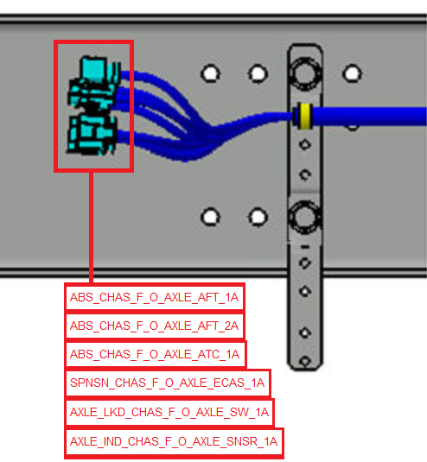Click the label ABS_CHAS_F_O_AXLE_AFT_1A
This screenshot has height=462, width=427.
pyautogui.click(x=154, y=297)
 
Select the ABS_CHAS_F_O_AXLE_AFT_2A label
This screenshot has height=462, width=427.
pyautogui.click(x=154, y=326)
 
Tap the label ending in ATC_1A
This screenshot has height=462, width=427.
pyautogui.click(x=155, y=354)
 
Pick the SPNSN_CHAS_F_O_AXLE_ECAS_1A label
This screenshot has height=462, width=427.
pyautogui.click(x=167, y=383)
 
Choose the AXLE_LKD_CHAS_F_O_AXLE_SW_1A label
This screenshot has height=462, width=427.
pyautogui.click(x=169, y=412)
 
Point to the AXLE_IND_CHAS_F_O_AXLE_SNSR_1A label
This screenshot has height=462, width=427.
pyautogui.click(x=174, y=441)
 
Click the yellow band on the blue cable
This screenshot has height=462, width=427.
pyautogui.click(x=304, y=116)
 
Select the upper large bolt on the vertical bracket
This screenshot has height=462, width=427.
pyautogui.click(x=305, y=73)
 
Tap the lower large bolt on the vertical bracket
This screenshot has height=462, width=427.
pyautogui.click(x=305, y=217)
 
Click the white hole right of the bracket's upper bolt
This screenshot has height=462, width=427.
pyautogui.click(x=352, y=73)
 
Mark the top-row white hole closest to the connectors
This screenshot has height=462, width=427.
pyautogui.click(x=210, y=73)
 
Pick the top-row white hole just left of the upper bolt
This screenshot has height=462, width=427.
pyautogui.click(x=258, y=73)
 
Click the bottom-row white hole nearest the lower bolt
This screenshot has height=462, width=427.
pyautogui.click(x=258, y=218)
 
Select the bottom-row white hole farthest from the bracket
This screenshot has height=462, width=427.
pyautogui.click(x=210, y=217)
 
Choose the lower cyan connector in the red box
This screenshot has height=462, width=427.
pyautogui.click(x=92, y=135)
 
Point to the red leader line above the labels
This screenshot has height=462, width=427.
pyautogui.click(x=91, y=227)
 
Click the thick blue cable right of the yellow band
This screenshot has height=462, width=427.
pyautogui.click(x=369, y=116)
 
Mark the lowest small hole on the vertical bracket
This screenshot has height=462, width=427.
pyautogui.click(x=305, y=361)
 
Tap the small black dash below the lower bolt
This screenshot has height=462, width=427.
pyautogui.click(x=305, y=247)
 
